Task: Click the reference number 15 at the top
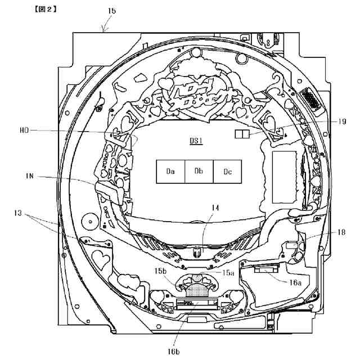click(111, 11)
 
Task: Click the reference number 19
click(327, 121)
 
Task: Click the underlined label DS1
click(196, 141)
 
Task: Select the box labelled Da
click(170, 171)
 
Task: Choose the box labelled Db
click(199, 171)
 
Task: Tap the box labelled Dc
click(227, 171)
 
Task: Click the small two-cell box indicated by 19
click(241, 133)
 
